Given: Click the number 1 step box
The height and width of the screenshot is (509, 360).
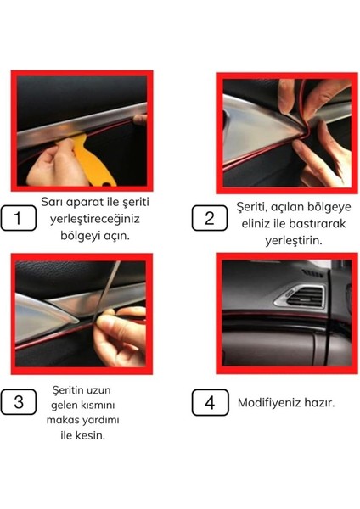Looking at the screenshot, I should point(20,219).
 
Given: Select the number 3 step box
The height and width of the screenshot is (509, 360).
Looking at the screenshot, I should point(19,401).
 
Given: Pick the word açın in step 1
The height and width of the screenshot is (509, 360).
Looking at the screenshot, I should point(115,234).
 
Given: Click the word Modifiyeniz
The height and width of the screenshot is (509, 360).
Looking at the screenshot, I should point(273,401).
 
